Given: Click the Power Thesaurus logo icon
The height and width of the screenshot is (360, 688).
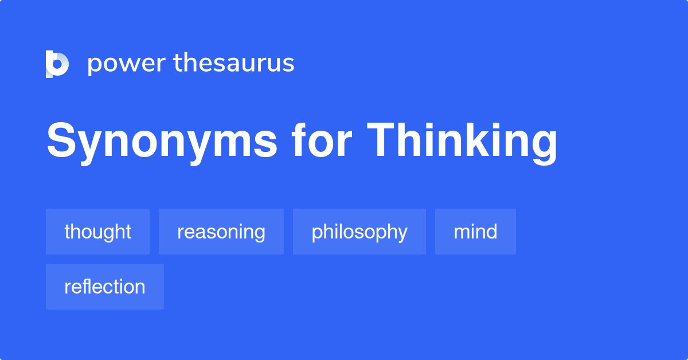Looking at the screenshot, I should point(57,64).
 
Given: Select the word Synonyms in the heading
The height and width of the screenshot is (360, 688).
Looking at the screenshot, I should point(162,142).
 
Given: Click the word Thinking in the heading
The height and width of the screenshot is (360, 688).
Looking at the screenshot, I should point(462,142).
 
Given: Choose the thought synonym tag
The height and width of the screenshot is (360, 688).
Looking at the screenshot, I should point(97,232).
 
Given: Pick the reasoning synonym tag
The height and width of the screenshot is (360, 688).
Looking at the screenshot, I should point(221,232).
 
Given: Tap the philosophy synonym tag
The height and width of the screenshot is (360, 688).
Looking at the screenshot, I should point(359,232).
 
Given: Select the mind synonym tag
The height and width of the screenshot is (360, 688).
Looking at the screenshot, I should point(475,232).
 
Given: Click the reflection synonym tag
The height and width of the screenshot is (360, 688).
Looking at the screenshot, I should point(104,287).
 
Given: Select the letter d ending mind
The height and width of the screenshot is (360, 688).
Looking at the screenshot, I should point(491,231).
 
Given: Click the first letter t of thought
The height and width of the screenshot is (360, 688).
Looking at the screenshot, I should point(67,232).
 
